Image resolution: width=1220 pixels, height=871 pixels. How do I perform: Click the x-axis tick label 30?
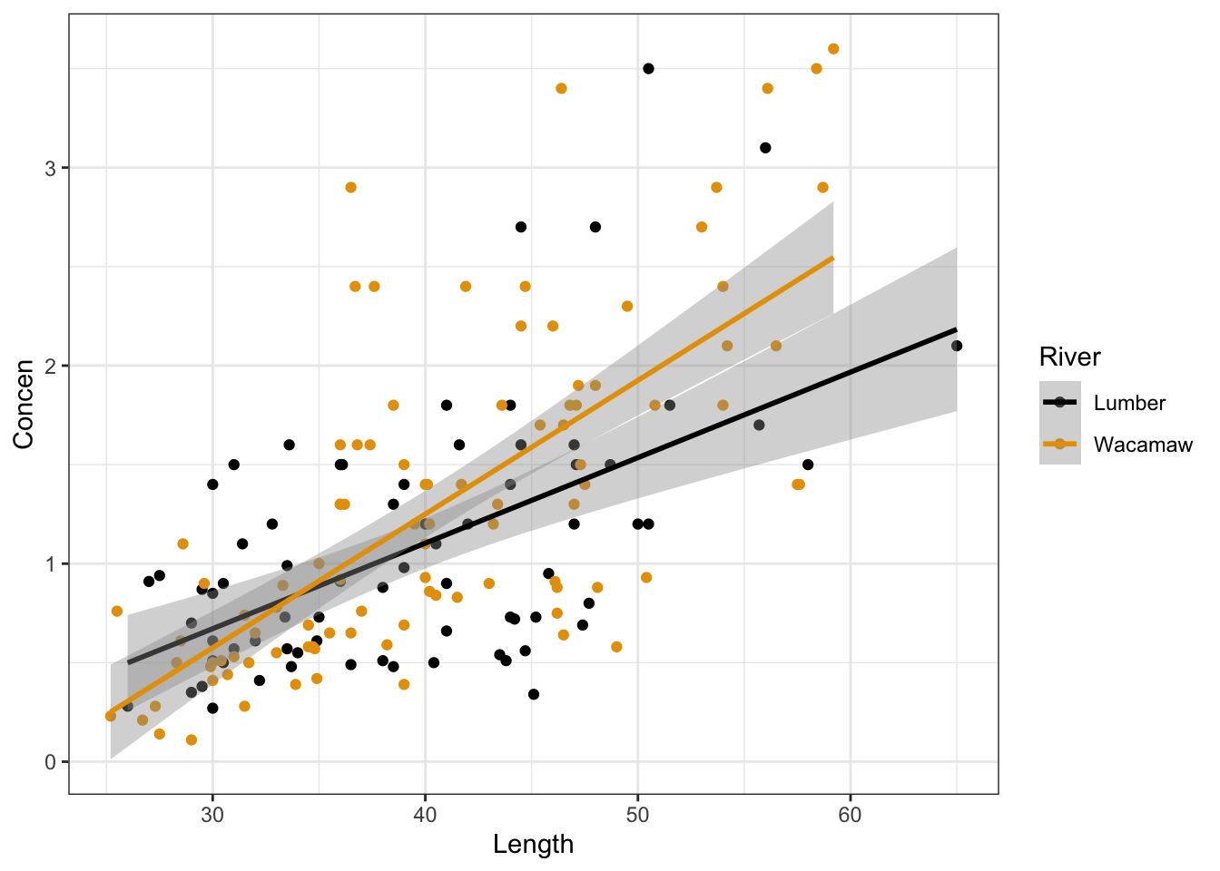[212, 815]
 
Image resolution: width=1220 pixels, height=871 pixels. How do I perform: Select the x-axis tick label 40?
[425, 815]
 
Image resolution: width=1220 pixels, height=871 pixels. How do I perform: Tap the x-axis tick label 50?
[637, 815]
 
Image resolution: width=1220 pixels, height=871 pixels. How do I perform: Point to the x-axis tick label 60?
[850, 815]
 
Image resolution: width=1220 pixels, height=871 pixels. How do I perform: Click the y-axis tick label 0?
[51, 762]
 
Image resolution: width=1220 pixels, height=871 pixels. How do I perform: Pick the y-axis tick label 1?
[51, 564]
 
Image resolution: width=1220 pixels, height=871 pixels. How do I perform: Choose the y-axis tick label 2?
[51, 367]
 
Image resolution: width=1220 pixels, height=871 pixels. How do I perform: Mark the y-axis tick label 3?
[51, 169]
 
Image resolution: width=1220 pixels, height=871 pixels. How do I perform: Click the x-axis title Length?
[533, 845]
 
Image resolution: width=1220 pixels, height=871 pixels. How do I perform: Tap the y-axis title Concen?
[24, 404]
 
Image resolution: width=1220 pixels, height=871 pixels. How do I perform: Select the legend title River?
[1069, 357]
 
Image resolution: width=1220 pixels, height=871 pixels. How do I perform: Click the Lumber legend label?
[1129, 403]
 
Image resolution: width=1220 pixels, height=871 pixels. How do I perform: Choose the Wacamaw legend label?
[1143, 445]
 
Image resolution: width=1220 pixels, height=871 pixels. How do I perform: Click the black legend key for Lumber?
[1059, 403]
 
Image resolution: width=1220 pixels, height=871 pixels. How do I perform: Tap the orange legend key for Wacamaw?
[1059, 445]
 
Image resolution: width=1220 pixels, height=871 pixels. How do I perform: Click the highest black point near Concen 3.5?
[648, 69]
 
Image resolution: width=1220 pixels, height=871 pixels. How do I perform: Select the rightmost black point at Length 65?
[956, 346]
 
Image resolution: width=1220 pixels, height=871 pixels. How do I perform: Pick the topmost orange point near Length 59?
[833, 49]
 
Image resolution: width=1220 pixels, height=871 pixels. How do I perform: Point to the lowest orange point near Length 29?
[192, 739]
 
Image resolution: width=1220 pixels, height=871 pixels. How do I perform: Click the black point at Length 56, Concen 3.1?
[765, 148]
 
